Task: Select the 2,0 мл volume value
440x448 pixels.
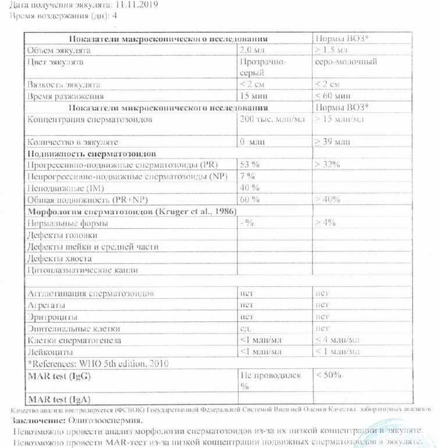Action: (x=251, y=50)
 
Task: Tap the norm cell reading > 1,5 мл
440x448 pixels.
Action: (x=332, y=50)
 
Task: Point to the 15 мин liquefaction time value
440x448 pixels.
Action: (x=254, y=96)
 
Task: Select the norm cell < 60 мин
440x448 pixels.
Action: (x=333, y=96)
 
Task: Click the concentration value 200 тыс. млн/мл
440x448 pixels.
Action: (x=272, y=119)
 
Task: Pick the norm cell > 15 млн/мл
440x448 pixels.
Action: (x=339, y=119)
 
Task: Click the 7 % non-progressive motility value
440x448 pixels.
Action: (x=247, y=176)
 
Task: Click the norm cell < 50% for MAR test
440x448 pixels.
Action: (x=328, y=375)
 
